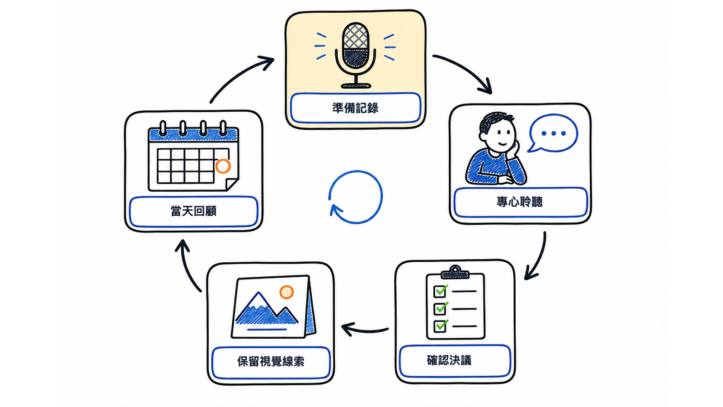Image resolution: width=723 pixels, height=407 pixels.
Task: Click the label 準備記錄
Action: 355,108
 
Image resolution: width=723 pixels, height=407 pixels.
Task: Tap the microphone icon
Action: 355,55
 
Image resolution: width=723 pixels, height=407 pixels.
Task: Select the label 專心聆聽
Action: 519,202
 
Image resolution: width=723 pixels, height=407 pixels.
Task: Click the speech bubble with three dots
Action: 553,133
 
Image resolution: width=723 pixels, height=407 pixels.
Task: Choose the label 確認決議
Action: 449,360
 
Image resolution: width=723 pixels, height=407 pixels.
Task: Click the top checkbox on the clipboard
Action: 440,291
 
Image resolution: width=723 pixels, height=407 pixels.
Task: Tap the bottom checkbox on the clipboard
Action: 440,326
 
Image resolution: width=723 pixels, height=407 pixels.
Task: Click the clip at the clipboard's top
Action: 455,272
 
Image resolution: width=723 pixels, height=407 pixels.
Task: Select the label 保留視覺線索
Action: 271,361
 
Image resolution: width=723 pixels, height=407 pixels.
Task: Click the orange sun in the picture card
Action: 286,292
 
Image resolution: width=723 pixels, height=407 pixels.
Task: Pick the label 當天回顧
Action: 193,211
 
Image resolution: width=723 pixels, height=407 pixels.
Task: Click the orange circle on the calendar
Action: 223,166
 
